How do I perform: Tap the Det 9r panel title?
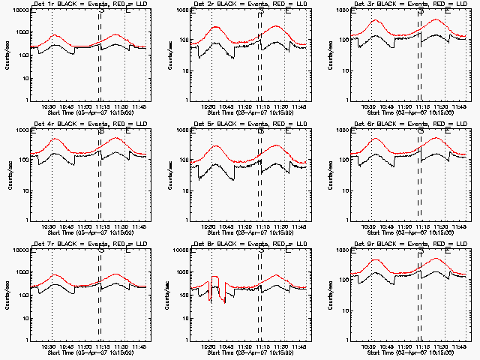[x=364, y=246]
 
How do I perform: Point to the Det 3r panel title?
[x=364, y=6]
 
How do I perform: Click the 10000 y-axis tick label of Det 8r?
[x=177, y=250]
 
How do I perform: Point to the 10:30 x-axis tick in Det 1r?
[x=51, y=106]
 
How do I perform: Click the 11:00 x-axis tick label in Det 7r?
[x=84, y=346]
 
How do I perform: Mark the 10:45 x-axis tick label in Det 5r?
[x=229, y=226]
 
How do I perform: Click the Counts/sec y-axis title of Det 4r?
[x=7, y=174]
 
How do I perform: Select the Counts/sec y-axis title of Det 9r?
[x=327, y=294]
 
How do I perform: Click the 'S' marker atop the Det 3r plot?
[x=421, y=10]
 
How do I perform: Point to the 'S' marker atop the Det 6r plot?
[x=421, y=130]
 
